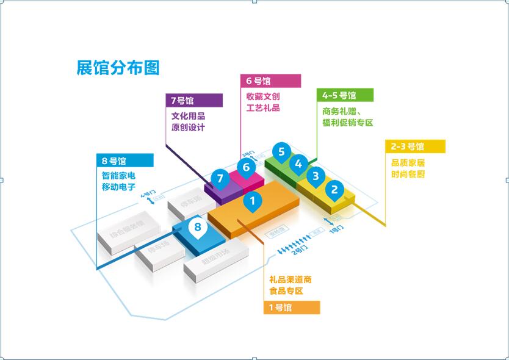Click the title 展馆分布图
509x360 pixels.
[118, 68]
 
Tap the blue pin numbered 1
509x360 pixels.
[252, 200]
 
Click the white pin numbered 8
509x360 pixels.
[197, 228]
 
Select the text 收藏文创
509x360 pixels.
[263, 97]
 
